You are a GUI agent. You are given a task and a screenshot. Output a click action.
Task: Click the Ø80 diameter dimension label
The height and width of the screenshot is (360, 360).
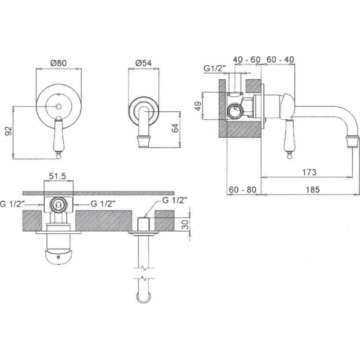click(x=58, y=63)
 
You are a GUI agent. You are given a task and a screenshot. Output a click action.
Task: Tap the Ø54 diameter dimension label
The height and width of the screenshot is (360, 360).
click(x=143, y=63)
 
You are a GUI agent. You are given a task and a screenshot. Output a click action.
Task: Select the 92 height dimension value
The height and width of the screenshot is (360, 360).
click(x=8, y=131)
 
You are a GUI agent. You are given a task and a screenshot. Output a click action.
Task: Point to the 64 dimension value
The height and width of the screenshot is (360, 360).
click(x=175, y=128)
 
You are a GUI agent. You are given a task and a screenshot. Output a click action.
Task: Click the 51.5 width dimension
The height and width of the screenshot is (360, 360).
click(x=58, y=176)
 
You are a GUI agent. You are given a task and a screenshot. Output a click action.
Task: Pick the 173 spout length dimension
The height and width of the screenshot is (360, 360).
click(x=309, y=171)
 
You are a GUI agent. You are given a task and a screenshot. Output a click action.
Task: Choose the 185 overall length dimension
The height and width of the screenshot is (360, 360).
click(x=312, y=189)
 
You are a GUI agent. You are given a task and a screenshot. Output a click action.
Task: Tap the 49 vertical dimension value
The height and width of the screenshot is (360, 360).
click(x=198, y=105)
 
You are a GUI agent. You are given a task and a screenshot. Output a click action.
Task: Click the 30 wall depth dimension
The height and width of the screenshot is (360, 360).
click(x=186, y=224)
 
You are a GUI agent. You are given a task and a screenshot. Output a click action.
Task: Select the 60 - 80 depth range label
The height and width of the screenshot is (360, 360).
click(x=242, y=189)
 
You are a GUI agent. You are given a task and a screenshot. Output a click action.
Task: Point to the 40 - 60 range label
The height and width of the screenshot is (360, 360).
click(x=247, y=59)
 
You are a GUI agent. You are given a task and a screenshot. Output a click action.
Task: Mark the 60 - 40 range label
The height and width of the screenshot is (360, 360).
click(x=280, y=59)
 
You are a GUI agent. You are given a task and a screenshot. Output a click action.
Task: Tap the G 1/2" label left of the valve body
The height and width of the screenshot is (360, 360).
click(x=14, y=203)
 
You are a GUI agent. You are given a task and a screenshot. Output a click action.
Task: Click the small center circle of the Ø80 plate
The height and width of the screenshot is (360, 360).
click(x=58, y=106)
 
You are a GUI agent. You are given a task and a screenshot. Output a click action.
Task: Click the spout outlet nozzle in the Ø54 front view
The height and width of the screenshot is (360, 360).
click(x=143, y=142)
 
